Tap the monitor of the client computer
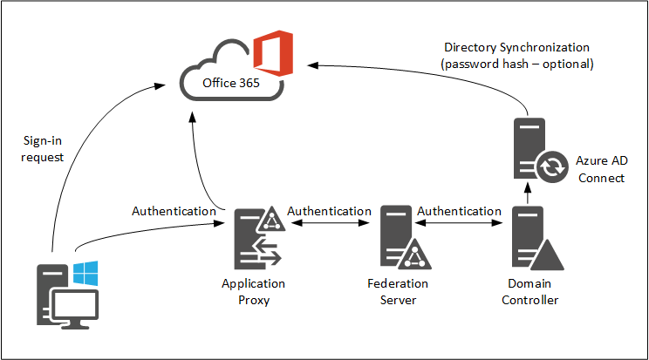click(75, 306)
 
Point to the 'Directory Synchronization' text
click(516, 47)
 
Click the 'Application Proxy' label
click(253, 292)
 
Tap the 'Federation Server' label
click(397, 292)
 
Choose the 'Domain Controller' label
click(532, 292)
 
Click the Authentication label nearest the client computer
click(174, 211)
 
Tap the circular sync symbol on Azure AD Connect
click(549, 168)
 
